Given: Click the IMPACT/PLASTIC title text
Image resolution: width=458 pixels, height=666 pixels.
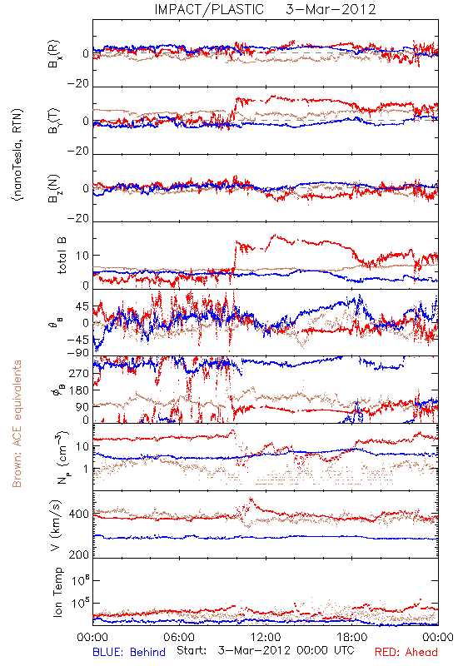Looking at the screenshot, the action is tap(209, 9).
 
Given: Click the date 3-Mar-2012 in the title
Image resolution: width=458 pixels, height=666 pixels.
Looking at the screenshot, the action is tap(331, 9).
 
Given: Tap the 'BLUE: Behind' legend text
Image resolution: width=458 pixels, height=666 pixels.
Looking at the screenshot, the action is tap(129, 652).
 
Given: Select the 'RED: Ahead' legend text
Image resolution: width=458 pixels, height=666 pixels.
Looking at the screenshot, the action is tap(406, 652).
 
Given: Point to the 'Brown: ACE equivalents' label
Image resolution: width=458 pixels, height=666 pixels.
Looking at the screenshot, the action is tap(17, 424).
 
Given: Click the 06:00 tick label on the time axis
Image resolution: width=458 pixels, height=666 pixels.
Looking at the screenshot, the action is tap(179, 638).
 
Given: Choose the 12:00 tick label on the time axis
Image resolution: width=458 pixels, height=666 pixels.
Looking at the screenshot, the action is tap(266, 638).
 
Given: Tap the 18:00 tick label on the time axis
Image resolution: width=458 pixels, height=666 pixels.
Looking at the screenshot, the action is tap(352, 638).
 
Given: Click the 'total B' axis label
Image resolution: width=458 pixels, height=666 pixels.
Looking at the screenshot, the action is tap(62, 256).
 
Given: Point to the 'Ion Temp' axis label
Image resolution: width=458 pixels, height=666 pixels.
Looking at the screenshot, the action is tap(57, 592).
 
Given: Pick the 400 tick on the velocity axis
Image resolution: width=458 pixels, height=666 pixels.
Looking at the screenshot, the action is tap(79, 514).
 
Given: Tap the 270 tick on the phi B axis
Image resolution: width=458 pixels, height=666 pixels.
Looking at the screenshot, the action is tap(79, 373).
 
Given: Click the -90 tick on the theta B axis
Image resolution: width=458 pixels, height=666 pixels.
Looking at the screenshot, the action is tap(78, 352).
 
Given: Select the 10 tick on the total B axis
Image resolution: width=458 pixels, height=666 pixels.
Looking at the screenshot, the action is tap(82, 256).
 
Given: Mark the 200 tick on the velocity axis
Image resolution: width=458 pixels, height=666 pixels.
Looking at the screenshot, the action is tap(79, 554).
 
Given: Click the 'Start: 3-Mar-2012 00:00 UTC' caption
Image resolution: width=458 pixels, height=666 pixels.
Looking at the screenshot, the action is tap(266, 651).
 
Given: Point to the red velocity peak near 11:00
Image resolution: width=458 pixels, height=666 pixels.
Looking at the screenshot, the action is tap(251, 499).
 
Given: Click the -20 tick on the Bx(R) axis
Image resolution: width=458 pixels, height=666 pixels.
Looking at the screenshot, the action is tap(78, 84).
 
